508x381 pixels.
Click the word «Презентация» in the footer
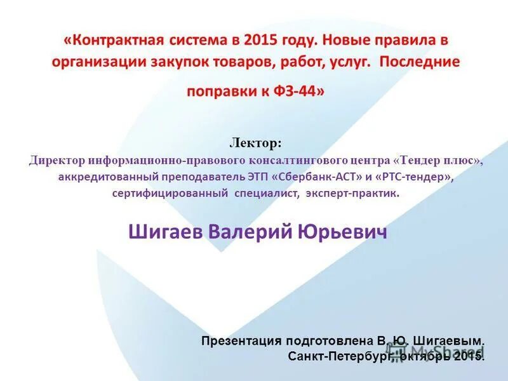[241, 341]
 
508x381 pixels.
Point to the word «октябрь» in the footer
[425, 356]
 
